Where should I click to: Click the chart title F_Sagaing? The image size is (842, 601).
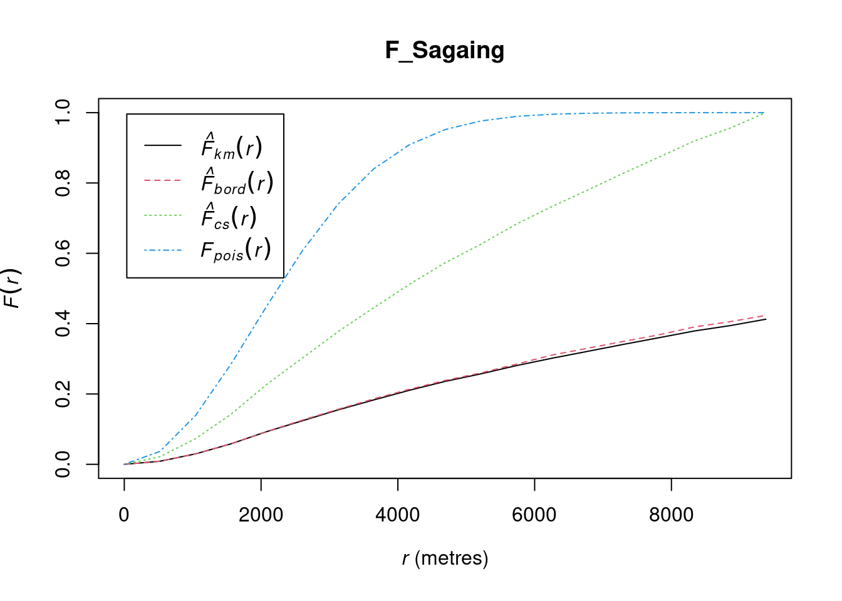[445, 50]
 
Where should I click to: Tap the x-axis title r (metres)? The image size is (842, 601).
[445, 558]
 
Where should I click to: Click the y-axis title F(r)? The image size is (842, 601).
[13, 288]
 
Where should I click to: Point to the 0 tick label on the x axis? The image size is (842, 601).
[124, 515]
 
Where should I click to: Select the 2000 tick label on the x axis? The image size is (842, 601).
[261, 515]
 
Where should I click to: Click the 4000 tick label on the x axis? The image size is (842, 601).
[397, 515]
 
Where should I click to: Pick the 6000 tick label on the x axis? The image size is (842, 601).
[534, 515]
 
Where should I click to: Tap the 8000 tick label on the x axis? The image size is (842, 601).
[671, 515]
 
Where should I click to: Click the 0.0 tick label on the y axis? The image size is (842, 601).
[63, 464]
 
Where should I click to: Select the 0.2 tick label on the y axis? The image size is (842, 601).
[63, 394]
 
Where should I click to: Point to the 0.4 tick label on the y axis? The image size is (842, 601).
[63, 324]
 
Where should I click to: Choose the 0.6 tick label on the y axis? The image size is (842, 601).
[63, 253]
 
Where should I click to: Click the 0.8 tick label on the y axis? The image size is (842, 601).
[63, 183]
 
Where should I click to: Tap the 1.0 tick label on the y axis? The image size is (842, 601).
[63, 113]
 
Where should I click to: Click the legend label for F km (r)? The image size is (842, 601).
[231, 146]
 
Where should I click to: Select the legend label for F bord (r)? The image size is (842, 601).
[237, 182]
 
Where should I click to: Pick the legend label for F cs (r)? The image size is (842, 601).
[229, 217]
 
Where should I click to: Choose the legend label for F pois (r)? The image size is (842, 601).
[236, 250]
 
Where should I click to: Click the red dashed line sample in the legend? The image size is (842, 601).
[163, 180]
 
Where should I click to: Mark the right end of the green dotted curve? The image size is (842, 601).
[765, 113]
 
